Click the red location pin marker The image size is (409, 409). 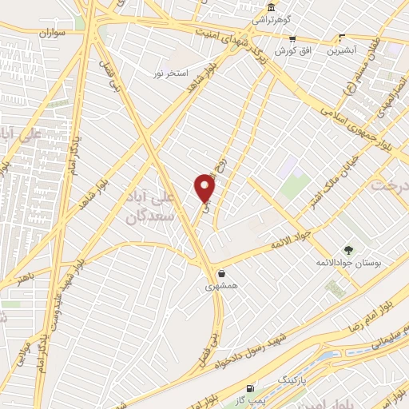click(x=205, y=188)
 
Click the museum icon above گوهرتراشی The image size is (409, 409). click(x=272, y=8)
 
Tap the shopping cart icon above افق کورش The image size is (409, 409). click(x=292, y=38)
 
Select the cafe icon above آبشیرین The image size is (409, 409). click(x=342, y=38)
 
